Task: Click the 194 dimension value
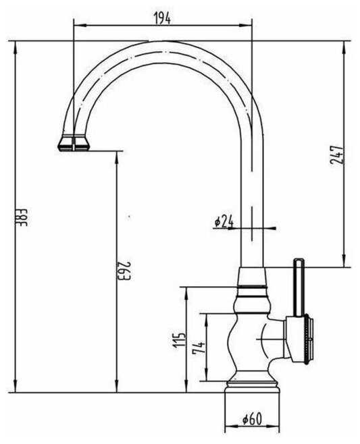pyautogui.click(x=162, y=18)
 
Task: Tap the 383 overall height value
pyautogui.click(x=21, y=217)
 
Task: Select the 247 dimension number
pyautogui.click(x=337, y=155)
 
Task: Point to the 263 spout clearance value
pyautogui.click(x=124, y=271)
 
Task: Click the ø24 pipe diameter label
pyautogui.click(x=224, y=221)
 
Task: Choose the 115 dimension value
pyautogui.click(x=179, y=340)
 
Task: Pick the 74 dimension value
pyautogui.click(x=199, y=348)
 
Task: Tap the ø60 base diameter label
pyautogui.click(x=252, y=419)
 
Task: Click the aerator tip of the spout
pyautogui.click(x=74, y=142)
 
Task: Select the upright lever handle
pyautogui.click(x=299, y=287)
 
